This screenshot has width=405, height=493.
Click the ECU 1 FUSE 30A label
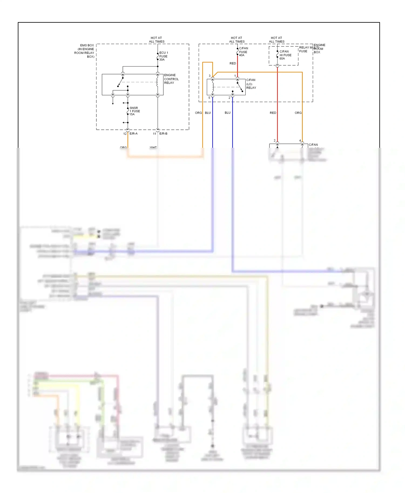[163, 56]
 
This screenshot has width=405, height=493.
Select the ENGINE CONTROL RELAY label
[171, 79]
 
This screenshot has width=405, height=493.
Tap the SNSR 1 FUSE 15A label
[134, 111]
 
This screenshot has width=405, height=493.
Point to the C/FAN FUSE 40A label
[243, 52]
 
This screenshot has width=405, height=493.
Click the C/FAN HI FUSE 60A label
[285, 55]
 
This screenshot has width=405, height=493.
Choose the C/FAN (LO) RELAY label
[251, 84]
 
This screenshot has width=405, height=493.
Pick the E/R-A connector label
[133, 133]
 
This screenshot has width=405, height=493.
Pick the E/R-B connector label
[163, 133]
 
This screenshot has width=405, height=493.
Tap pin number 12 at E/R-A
[125, 133]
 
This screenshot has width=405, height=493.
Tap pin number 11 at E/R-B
[154, 133]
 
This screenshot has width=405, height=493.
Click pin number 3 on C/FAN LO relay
[210, 76]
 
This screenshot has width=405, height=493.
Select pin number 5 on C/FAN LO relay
[209, 98]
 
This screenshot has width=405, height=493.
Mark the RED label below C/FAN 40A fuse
[232, 63]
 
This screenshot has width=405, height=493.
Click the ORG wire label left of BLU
[198, 113]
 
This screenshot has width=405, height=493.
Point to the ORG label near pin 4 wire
[298, 113]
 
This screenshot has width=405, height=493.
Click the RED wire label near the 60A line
[273, 113]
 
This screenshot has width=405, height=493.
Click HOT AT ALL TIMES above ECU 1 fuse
[156, 40]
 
